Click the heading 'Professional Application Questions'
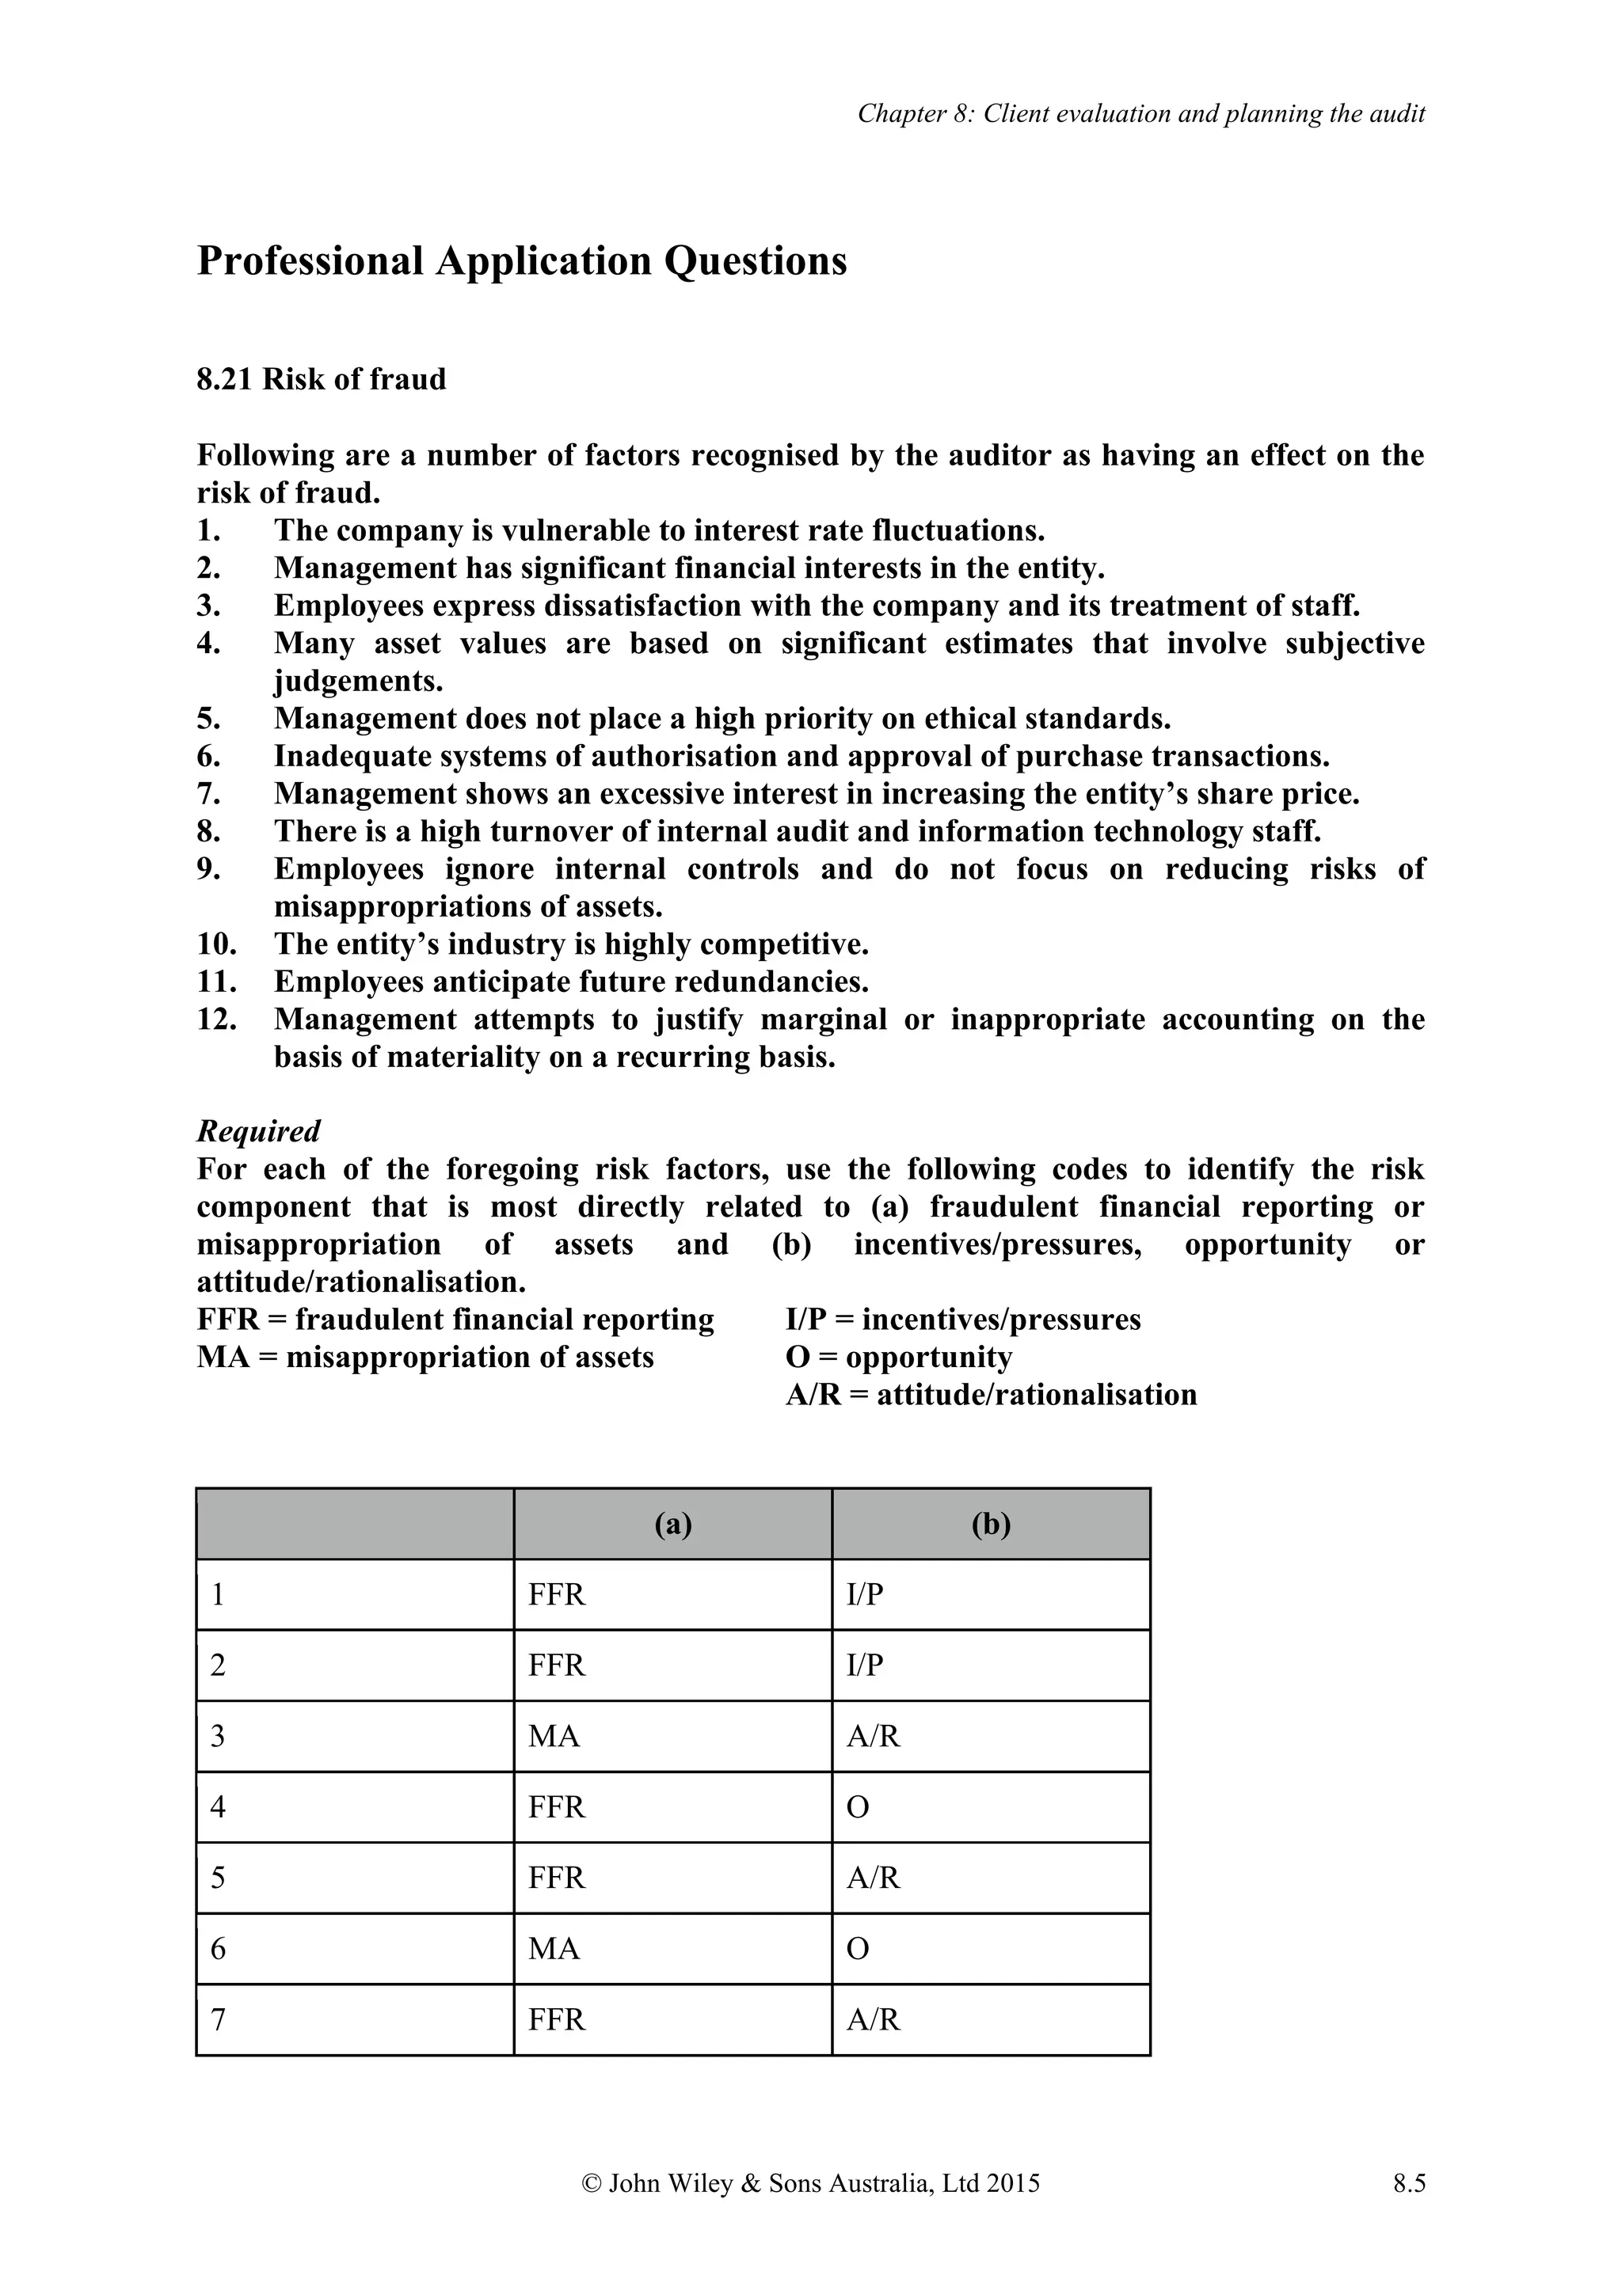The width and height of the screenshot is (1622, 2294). tap(522, 262)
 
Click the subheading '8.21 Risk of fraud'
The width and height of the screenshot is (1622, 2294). tap(321, 380)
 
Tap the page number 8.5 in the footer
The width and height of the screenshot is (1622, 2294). tap(1408, 2184)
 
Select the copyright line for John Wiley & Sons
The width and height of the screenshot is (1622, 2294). tap(810, 2184)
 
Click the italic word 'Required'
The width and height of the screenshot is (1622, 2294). tap(258, 1131)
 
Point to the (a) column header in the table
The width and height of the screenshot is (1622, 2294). tap(672, 1524)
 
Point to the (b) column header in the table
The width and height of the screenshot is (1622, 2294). tap(991, 1524)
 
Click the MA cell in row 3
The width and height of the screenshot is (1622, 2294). tap(554, 1737)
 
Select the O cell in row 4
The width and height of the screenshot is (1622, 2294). tap(858, 1807)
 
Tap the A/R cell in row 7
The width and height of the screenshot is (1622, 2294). tap(874, 2020)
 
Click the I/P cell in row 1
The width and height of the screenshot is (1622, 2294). tap(865, 1594)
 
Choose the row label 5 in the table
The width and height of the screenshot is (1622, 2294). tap(218, 1878)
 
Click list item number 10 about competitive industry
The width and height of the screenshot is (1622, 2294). tap(571, 944)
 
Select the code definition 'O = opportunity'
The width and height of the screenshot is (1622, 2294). tap(898, 1358)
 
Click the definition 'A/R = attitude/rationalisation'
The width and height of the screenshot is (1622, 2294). tap(991, 1395)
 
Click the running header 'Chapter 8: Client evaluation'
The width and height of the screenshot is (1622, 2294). tap(1140, 114)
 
